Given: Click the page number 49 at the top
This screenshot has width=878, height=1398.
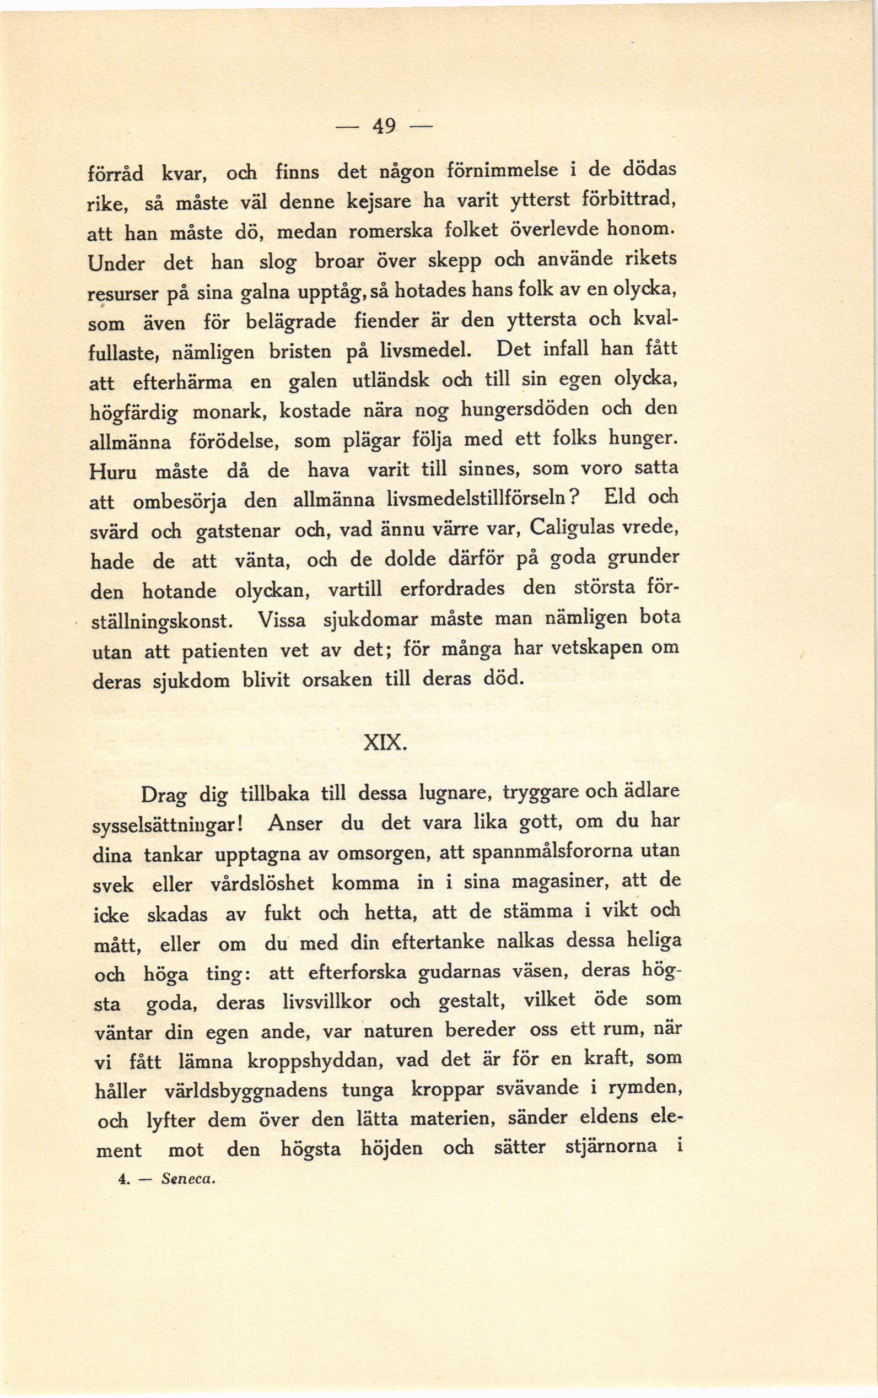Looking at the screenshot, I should [383, 125].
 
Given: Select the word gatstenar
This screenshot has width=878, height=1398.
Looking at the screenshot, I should [239, 530].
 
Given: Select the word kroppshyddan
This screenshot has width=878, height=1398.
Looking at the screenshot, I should [315, 1062].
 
